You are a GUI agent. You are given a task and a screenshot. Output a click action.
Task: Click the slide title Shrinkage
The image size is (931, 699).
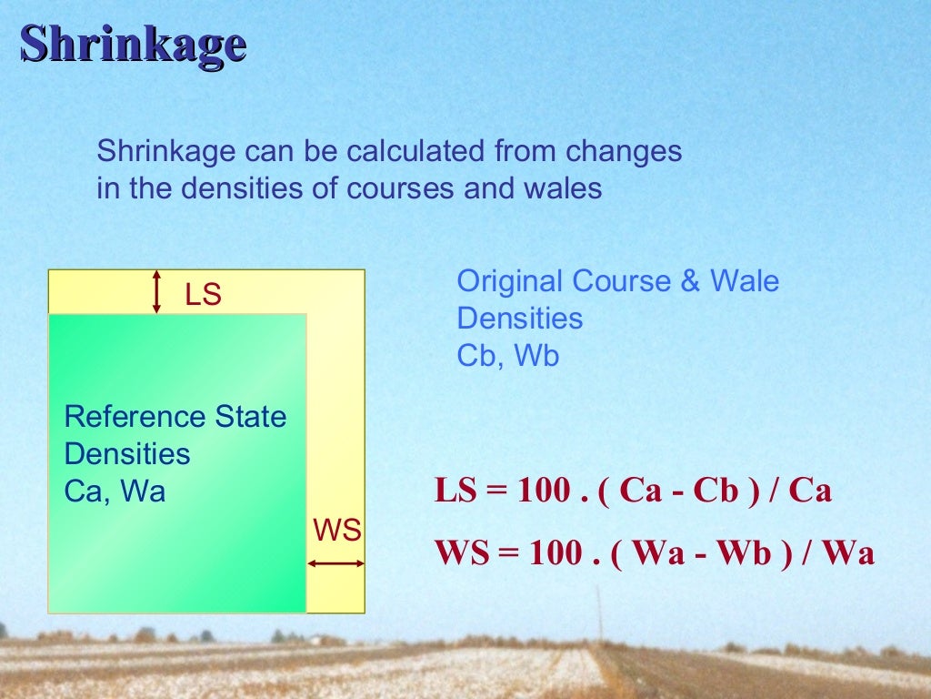click(133, 44)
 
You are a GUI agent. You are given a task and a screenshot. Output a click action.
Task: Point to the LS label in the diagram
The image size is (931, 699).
click(203, 295)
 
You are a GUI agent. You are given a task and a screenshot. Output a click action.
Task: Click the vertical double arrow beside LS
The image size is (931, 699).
click(156, 291)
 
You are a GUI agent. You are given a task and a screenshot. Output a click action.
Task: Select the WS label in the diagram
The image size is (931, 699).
click(336, 531)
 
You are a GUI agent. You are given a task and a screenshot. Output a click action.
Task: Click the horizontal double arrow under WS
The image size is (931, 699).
click(335, 564)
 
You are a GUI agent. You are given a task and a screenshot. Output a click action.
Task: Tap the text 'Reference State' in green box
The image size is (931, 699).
click(175, 417)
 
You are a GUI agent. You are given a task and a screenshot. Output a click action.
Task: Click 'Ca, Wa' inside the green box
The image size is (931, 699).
click(115, 491)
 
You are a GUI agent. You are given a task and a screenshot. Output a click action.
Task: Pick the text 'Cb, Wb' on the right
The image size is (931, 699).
click(507, 356)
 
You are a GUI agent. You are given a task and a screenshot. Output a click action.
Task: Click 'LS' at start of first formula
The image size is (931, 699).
click(455, 491)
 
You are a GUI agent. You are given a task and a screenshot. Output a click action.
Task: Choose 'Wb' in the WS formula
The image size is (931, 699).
click(743, 553)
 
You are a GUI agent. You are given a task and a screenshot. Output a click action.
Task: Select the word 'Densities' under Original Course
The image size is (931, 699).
click(519, 319)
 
